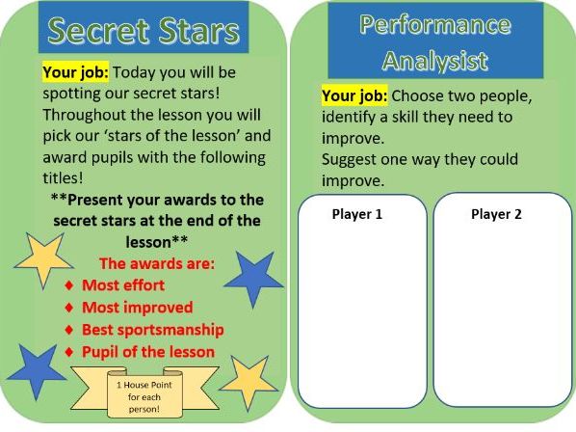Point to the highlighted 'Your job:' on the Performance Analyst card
(354, 96)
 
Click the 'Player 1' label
(356, 214)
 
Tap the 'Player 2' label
(496, 214)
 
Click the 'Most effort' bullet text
(122, 285)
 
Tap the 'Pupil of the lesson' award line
(147, 351)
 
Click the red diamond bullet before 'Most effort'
(67, 286)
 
